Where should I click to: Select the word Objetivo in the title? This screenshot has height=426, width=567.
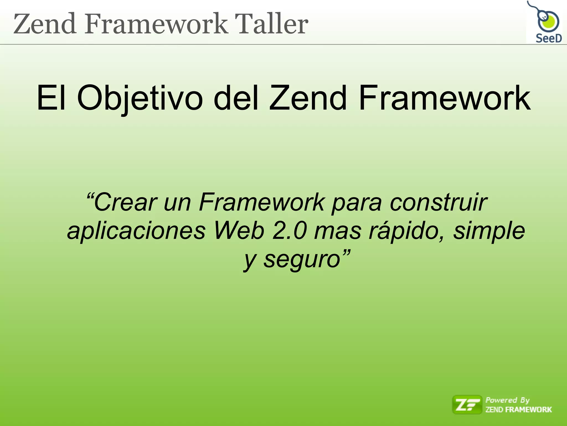click(140, 98)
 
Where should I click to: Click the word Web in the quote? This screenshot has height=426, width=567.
click(239, 231)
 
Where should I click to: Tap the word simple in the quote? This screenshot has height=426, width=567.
click(489, 231)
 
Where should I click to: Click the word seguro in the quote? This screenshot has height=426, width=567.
click(302, 260)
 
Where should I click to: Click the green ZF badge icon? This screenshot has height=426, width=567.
click(467, 405)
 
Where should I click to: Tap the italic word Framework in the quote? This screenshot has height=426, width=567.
click(262, 202)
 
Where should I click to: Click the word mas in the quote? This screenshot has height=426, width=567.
click(338, 231)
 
